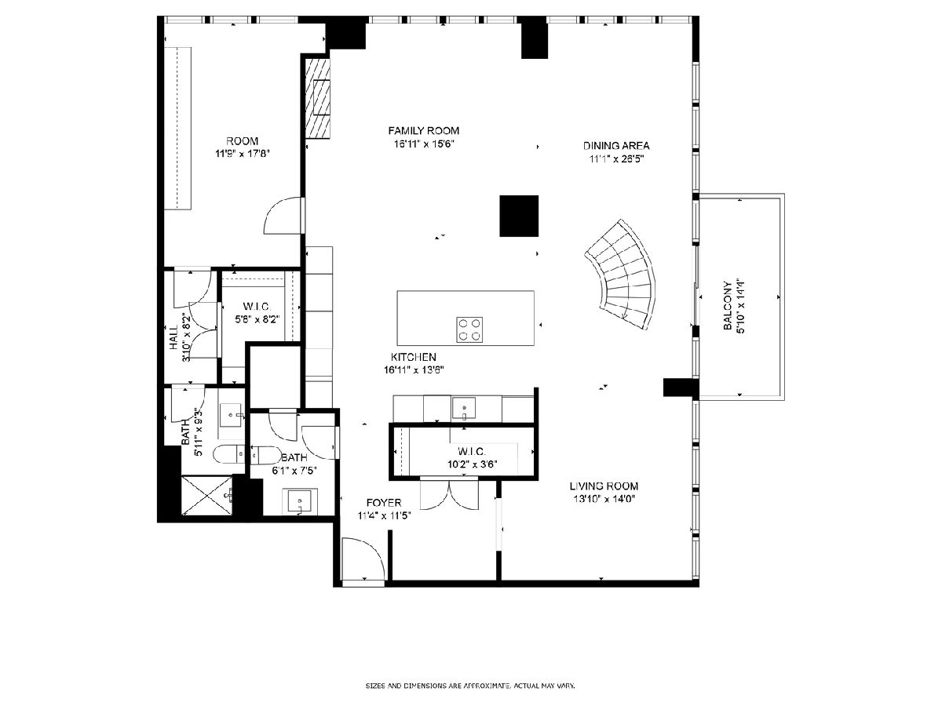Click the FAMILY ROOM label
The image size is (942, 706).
point(424,131)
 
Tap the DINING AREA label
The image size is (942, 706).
point(616,146)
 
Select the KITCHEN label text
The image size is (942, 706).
point(413,357)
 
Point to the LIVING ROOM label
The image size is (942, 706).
point(604,486)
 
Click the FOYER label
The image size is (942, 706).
point(384,503)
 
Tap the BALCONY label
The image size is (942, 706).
point(728,306)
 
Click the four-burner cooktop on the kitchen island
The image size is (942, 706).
point(469,329)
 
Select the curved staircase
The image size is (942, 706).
point(622,275)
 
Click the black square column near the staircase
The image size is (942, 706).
point(519,216)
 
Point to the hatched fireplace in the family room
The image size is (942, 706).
point(318,98)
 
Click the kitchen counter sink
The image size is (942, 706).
point(463,408)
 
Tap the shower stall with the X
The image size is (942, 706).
point(207,495)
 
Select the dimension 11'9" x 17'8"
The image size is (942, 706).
point(242,154)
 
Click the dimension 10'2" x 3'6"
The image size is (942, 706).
point(472,464)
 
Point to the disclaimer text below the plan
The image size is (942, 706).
point(470,686)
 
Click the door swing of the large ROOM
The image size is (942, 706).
point(283,216)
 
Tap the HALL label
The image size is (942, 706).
point(173,337)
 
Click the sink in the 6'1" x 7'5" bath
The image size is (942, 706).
point(299,501)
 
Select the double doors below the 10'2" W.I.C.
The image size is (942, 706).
point(449,494)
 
